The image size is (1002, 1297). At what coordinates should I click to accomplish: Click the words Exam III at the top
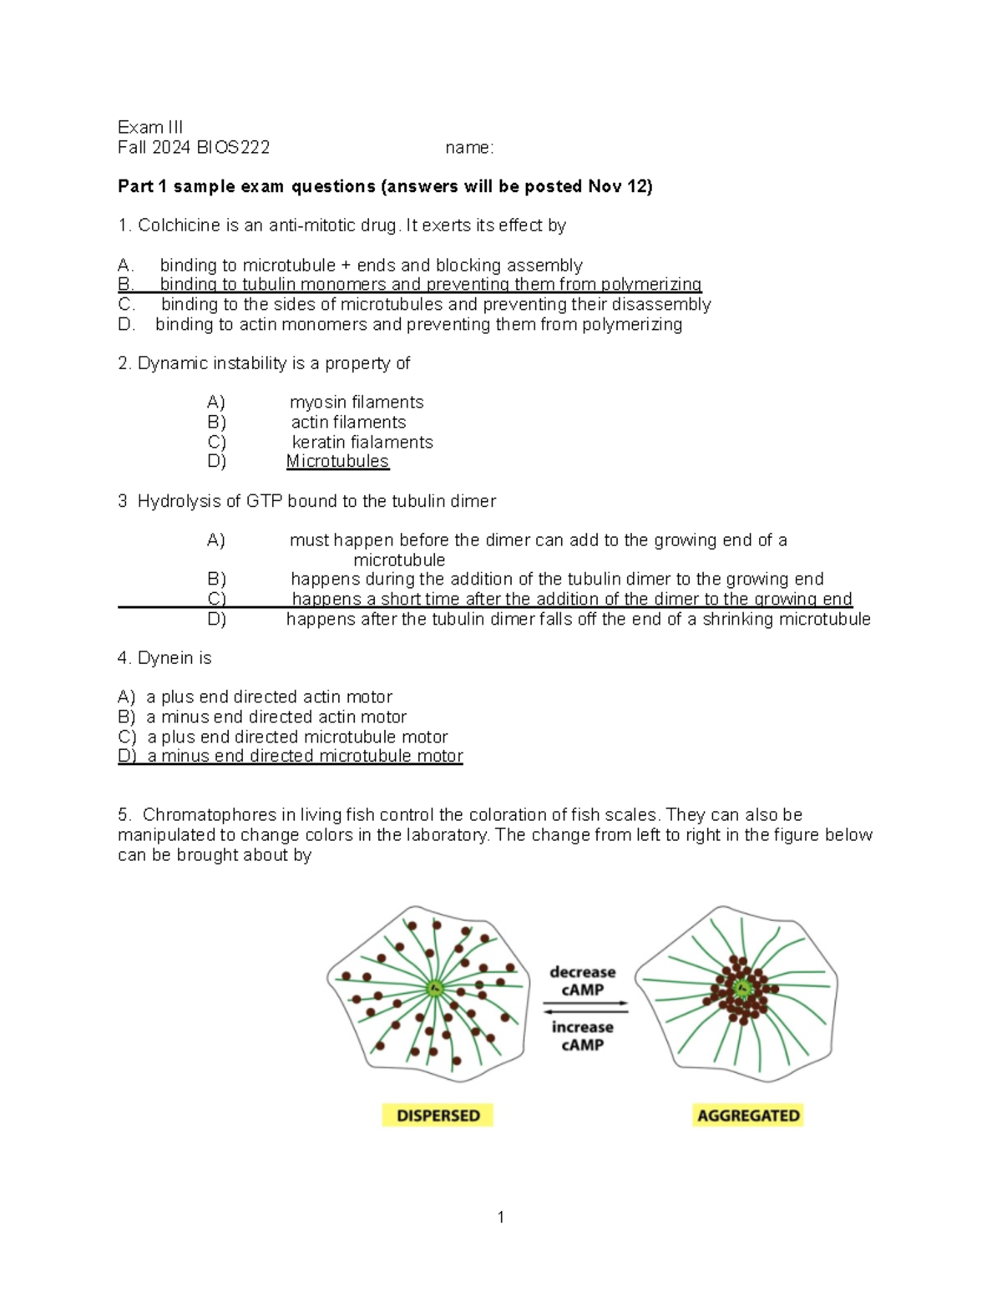pos(150,127)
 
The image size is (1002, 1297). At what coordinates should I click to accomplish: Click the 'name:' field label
pos(469,148)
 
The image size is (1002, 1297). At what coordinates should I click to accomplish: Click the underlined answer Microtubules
pos(337,462)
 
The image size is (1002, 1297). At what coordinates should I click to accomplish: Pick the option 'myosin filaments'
pos(357,403)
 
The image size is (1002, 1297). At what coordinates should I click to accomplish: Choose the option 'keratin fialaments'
pos(362,442)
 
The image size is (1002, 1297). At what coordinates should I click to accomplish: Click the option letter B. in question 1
pos(126,285)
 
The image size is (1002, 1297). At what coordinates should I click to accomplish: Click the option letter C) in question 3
pos(217,599)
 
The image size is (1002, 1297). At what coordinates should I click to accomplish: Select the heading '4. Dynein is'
pos(164,658)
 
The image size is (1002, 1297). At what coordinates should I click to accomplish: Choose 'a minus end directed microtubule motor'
pos(305,757)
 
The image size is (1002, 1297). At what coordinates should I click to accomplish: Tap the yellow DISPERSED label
pos(438,1116)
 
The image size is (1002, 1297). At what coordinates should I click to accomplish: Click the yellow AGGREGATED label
pos(748,1116)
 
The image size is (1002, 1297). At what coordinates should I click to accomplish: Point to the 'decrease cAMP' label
pos(582,980)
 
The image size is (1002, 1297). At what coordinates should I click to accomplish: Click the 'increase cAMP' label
pos(582,1036)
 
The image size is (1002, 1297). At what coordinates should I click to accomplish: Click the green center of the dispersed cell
pos(434,990)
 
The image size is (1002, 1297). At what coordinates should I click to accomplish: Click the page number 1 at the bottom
pos(500,1218)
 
